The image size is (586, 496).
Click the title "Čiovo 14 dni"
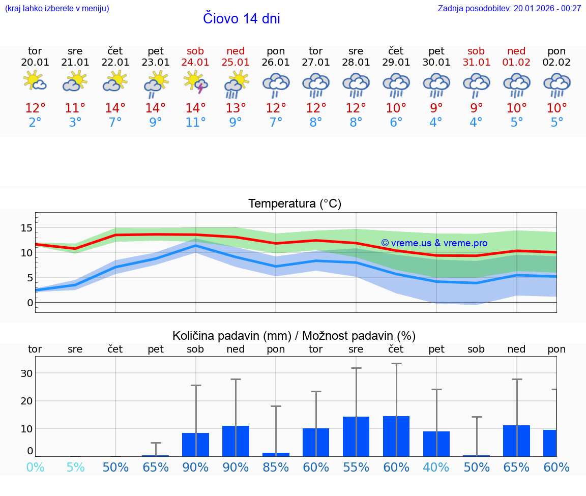(241, 18)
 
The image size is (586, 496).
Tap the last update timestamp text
(509, 8)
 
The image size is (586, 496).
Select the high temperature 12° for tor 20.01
(35, 108)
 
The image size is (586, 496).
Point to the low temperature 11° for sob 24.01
(196, 123)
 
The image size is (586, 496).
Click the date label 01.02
(516, 63)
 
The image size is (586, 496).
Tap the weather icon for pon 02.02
(556, 84)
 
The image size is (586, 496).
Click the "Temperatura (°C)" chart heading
(295, 204)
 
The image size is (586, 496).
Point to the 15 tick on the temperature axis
(26, 227)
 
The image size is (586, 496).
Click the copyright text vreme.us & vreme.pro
(434, 243)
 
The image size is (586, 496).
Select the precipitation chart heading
(294, 336)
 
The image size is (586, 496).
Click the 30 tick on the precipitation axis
(26, 373)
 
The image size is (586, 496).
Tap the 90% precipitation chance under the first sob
(196, 467)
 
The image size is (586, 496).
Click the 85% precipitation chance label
(276, 467)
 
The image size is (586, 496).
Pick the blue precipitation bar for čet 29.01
(396, 436)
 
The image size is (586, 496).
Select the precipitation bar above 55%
(356, 436)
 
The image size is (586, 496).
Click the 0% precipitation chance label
(35, 467)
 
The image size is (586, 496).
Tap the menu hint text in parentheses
(56, 8)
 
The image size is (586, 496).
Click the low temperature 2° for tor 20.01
(35, 123)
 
